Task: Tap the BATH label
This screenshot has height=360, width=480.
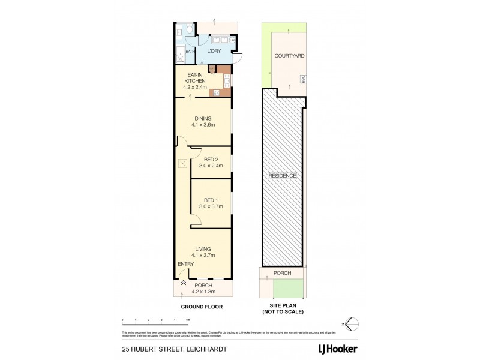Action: coord(190,52)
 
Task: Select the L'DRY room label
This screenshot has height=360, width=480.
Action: coord(214,52)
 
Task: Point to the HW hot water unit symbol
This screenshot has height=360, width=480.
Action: coord(232,41)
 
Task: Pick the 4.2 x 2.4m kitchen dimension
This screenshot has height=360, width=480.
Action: coord(195,87)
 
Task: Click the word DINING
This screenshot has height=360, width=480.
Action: coord(202,118)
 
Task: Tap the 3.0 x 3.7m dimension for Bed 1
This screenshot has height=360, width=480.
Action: coord(211,207)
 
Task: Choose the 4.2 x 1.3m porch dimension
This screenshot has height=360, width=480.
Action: coord(202,292)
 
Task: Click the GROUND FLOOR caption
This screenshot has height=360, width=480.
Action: coord(202,306)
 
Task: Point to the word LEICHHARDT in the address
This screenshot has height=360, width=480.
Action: coord(197,346)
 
